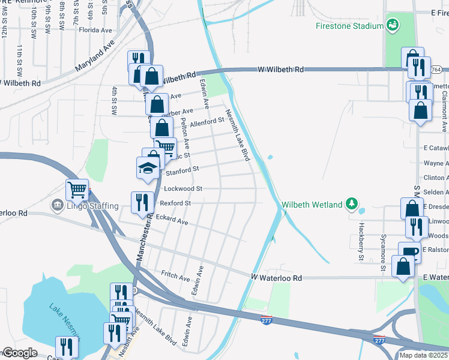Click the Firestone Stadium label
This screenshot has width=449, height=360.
[x=349, y=26]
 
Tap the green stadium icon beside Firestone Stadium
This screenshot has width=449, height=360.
[x=393, y=25]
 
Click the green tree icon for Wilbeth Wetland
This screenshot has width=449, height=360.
[x=352, y=204]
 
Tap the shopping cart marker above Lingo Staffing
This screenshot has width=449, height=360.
[x=77, y=190]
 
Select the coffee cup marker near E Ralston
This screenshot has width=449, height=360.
[x=409, y=252]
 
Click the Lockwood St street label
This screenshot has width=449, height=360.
[x=183, y=188]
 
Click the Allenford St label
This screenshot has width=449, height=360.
[x=206, y=122]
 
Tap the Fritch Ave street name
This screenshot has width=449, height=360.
[x=175, y=275]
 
